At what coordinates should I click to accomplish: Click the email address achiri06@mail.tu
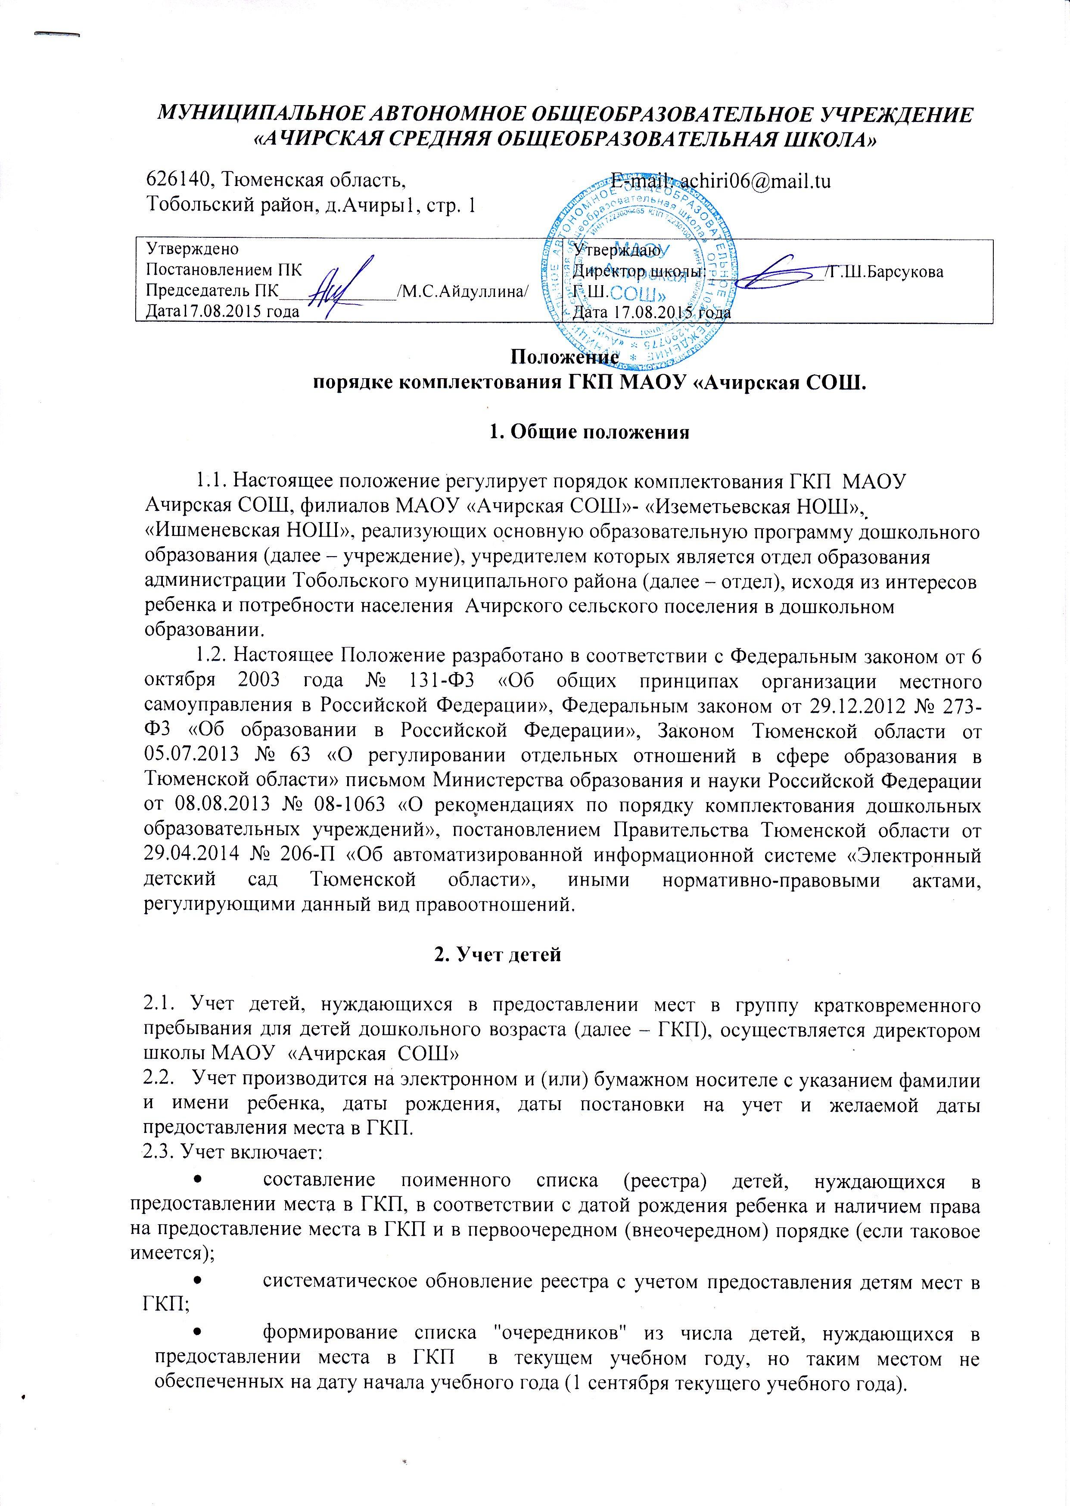click(x=755, y=180)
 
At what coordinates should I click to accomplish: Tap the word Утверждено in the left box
click(x=193, y=249)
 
